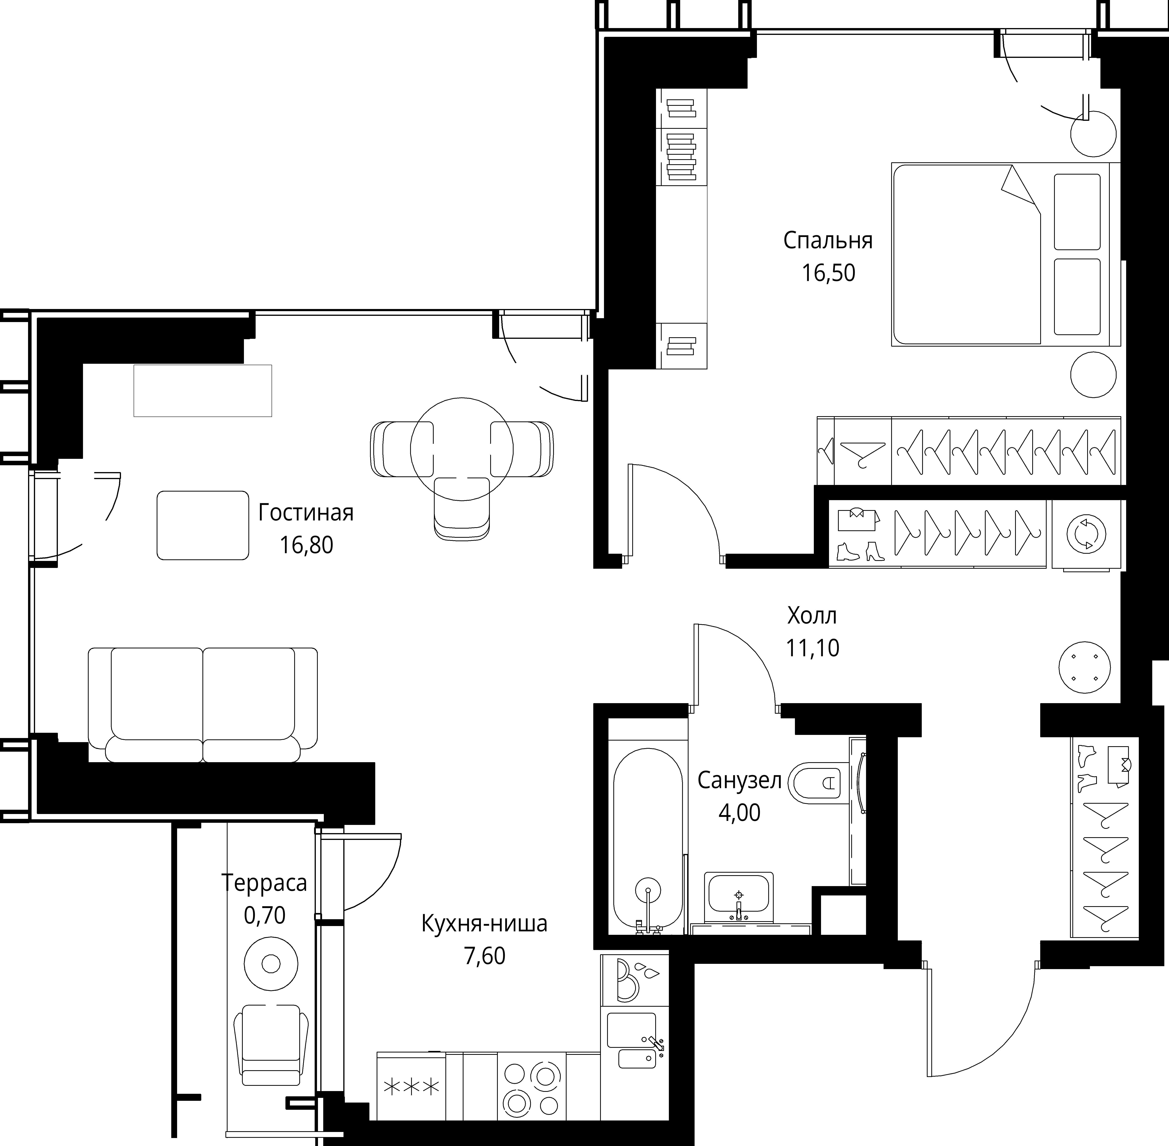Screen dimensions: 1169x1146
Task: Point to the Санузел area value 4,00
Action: click(739, 813)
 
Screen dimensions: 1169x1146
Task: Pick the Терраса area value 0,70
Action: click(264, 916)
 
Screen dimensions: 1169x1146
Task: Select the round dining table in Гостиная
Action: click(462, 449)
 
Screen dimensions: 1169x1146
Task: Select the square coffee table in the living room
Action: click(203, 525)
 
